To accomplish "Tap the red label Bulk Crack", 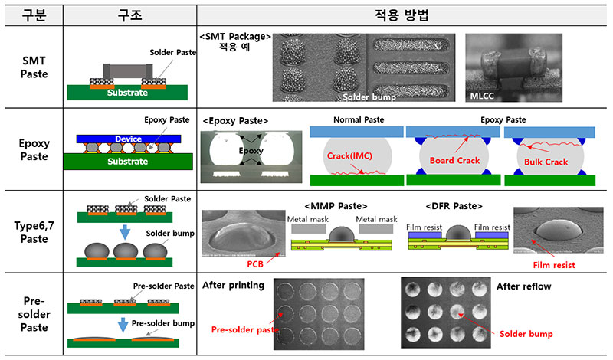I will pyautogui.click(x=547, y=162).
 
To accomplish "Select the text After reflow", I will pyautogui.click(x=524, y=285).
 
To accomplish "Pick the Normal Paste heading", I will pyautogui.click(x=357, y=120).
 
